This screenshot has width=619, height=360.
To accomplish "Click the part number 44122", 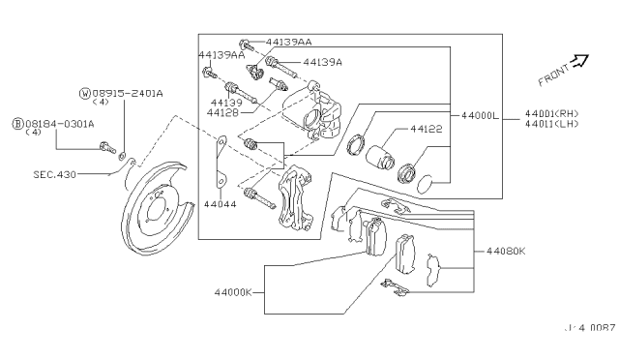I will [x=426, y=128].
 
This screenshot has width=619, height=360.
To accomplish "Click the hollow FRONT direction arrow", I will [x=579, y=62].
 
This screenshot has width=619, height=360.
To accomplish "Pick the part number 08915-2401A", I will [x=128, y=93].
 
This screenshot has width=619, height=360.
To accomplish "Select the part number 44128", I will [x=222, y=112].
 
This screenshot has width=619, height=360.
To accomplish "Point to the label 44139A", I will [x=322, y=62].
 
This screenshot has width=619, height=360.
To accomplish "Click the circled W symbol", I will [x=85, y=93].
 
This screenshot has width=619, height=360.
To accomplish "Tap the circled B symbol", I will [x=16, y=124].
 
